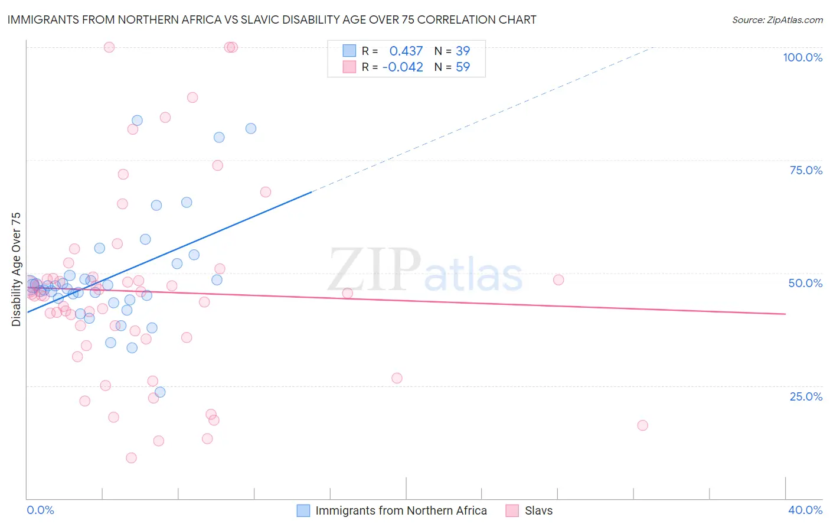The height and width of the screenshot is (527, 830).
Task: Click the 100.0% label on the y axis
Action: click(802, 57)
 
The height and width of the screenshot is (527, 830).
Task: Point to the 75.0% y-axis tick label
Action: click(806, 170)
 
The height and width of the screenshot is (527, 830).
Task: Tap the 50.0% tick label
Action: click(805, 283)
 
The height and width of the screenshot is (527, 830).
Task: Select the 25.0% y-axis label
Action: click(806, 396)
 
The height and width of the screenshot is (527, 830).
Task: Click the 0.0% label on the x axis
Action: click(40, 510)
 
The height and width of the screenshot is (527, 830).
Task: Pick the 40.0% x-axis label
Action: click(805, 510)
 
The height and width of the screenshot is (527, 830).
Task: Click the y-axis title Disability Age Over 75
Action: click(17, 269)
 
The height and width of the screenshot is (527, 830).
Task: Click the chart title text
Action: click(272, 19)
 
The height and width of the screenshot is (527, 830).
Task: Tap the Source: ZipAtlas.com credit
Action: click(777, 19)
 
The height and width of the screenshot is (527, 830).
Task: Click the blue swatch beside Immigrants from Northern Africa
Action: click(303, 510)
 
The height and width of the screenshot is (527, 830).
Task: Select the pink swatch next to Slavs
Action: click(512, 510)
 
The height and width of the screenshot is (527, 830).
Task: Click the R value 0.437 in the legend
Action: click(406, 51)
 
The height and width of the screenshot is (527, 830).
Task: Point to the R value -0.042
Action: click(403, 67)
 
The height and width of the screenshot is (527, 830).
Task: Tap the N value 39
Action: click(463, 51)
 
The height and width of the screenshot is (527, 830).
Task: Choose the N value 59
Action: click(463, 67)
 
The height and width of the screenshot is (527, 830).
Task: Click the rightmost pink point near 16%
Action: click(642, 425)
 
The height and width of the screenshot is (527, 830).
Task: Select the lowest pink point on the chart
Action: click(131, 458)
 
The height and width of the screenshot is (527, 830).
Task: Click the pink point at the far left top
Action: click(109, 47)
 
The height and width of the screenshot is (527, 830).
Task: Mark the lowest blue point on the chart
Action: click(160, 392)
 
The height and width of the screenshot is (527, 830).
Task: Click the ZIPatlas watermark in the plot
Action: click(425, 271)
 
